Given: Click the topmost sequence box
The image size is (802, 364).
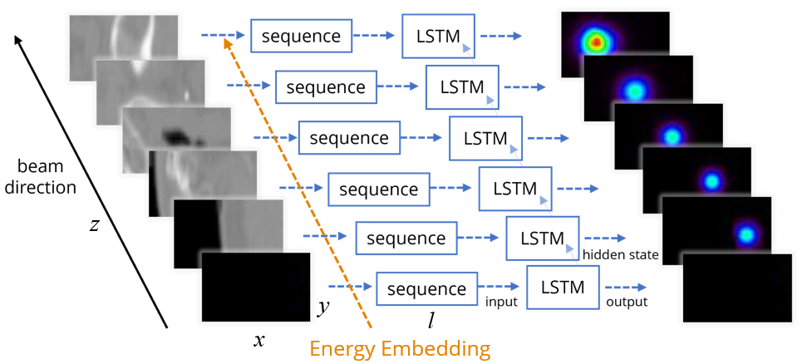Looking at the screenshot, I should click(300, 37).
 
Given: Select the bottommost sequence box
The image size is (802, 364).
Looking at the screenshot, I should click(426, 289).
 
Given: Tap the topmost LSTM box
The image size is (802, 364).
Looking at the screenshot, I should click(438, 36).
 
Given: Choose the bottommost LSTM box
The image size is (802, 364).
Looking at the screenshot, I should click(563, 288).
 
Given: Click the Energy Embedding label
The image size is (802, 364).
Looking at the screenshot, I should click(399, 348).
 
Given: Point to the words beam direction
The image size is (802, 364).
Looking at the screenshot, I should click(41, 177).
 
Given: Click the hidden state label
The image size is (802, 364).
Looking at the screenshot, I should click(621, 253).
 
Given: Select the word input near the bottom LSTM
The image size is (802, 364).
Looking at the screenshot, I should click(501, 303).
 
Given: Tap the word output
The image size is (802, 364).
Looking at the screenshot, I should click(626, 303).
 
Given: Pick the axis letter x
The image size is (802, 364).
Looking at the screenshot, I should click(259, 339).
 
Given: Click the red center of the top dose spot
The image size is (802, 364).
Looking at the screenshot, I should click(595, 42).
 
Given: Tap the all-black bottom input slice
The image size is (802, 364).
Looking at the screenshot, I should click(255, 287).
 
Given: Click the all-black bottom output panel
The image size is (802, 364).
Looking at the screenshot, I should click(736, 286).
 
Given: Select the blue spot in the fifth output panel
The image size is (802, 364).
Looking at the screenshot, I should click(746, 234).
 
